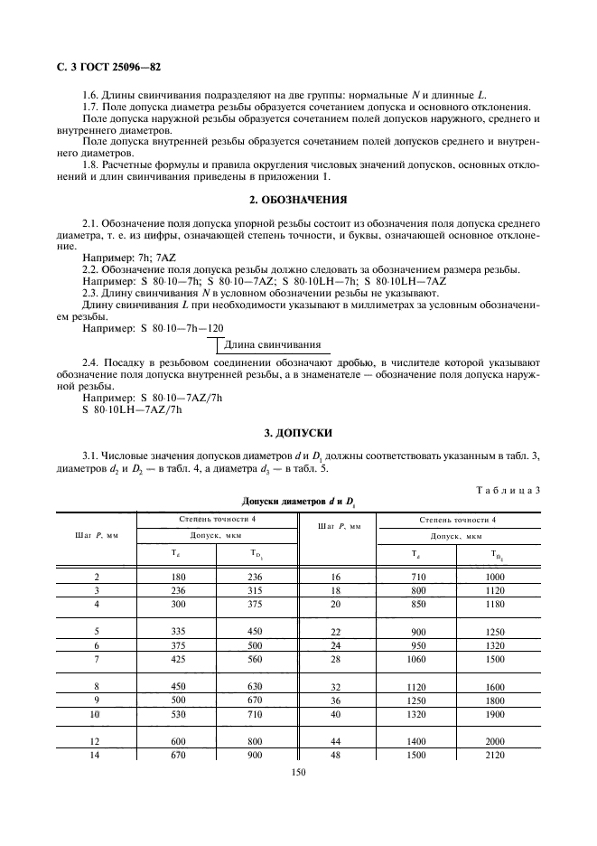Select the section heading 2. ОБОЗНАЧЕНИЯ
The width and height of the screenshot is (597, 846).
pos(298,200)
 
